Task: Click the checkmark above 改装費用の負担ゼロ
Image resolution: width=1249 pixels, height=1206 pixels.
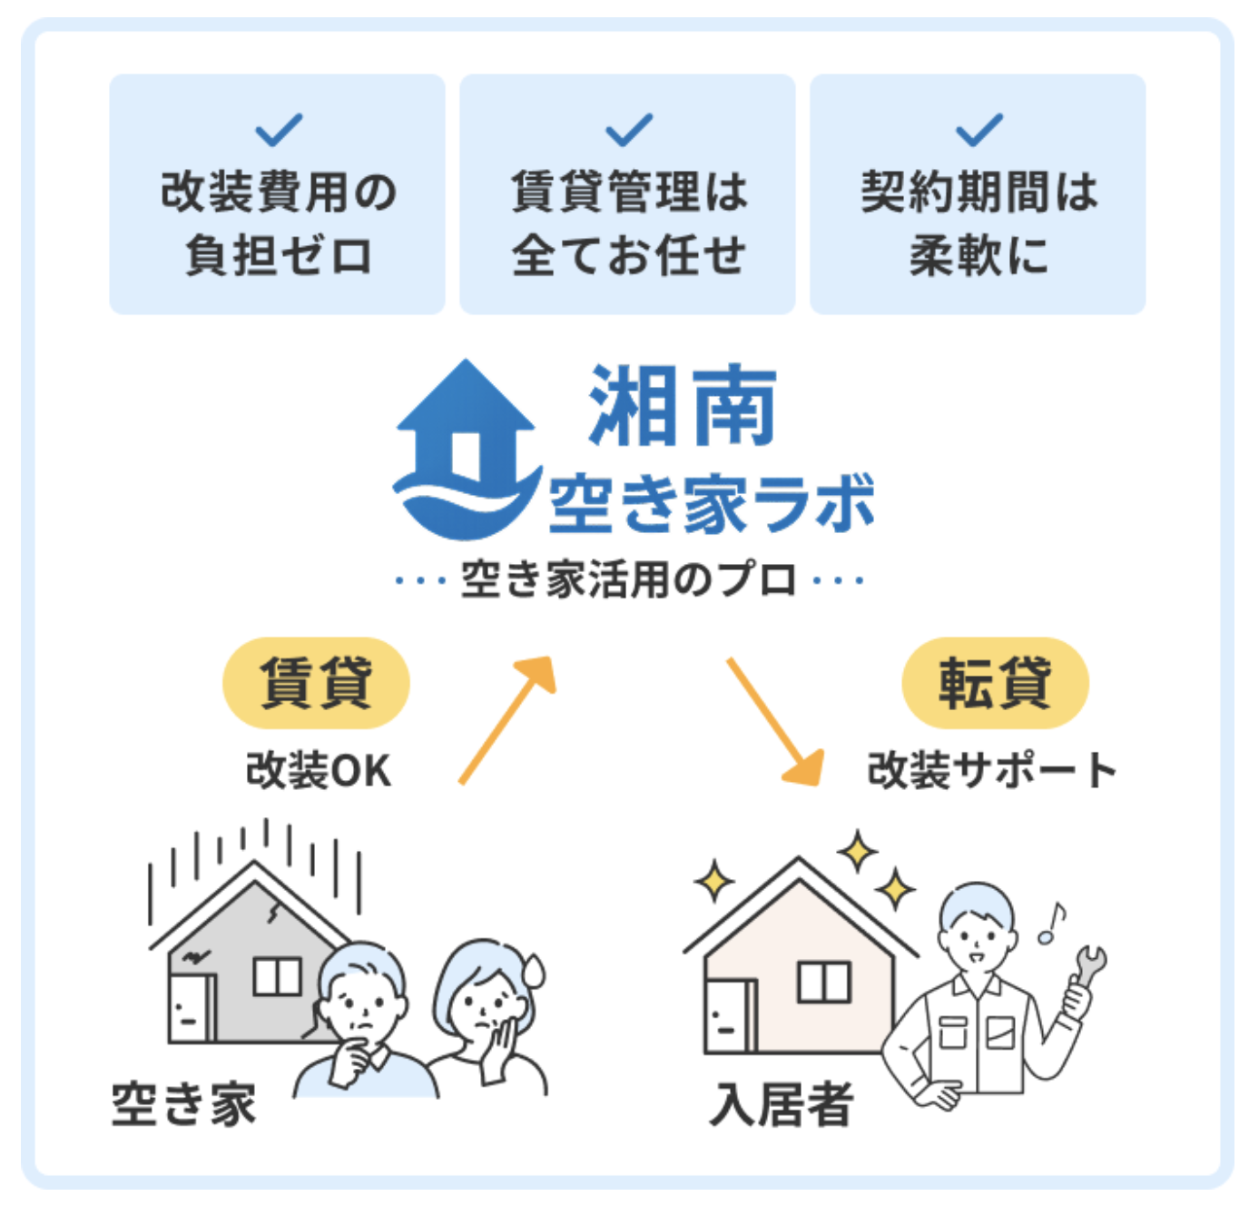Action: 279,130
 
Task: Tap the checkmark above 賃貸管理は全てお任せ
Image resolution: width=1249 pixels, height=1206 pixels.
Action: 629,130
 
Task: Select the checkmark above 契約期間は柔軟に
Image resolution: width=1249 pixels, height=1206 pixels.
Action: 979,130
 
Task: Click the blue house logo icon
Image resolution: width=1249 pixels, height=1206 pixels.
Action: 467,450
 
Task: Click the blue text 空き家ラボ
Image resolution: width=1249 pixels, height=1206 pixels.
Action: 712,505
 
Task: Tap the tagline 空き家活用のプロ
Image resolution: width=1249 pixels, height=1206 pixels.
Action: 629,580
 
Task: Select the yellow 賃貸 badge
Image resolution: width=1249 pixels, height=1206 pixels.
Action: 316,683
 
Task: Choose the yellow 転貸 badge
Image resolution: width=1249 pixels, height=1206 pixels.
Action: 995,683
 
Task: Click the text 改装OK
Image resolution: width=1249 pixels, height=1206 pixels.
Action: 319,770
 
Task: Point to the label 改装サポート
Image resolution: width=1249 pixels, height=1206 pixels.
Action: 991,770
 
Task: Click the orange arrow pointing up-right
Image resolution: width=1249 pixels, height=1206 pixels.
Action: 506,720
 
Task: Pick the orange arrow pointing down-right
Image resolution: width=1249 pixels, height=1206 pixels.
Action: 775,721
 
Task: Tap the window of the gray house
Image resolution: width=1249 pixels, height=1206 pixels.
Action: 277,976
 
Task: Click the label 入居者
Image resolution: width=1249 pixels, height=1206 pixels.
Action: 782,1104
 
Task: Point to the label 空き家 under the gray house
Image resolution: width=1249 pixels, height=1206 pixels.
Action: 183,1104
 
